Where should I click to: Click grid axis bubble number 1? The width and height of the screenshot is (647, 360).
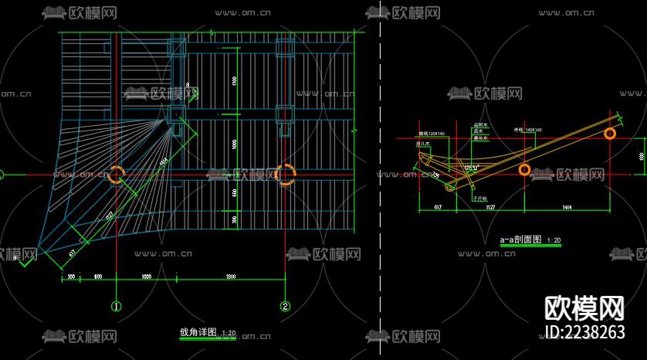(117, 306)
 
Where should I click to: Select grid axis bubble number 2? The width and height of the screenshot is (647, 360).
(286, 306)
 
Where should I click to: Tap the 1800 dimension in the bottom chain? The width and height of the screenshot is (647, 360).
(230, 276)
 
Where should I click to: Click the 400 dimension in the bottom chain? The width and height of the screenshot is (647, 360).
(98, 276)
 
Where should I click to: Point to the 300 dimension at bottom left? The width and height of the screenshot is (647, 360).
(71, 276)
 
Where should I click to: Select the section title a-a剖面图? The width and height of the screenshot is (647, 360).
(522, 240)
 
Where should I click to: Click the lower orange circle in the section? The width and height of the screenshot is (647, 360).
(524, 170)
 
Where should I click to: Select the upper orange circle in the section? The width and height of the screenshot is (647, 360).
(610, 134)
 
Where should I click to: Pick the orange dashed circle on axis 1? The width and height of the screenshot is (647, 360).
(117, 175)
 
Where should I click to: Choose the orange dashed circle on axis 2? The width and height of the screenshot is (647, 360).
(285, 175)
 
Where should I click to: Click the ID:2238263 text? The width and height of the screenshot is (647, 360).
(584, 332)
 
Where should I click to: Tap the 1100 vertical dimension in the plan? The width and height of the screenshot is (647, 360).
(233, 81)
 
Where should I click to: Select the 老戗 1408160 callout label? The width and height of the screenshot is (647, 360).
(527, 130)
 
